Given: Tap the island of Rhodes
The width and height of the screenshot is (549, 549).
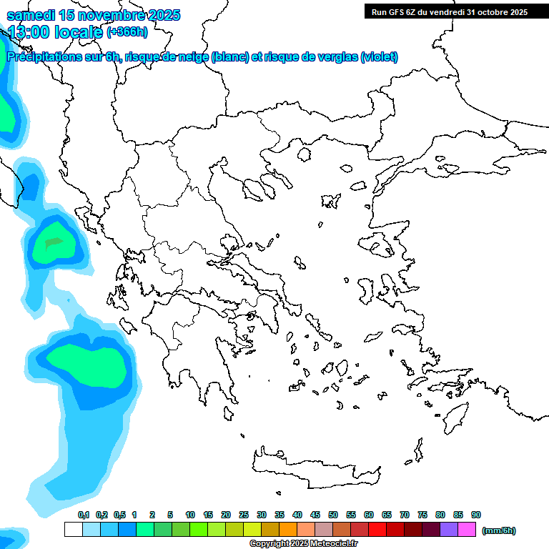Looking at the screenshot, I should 455,419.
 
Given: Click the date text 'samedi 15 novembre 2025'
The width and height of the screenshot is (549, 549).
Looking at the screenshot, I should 93,15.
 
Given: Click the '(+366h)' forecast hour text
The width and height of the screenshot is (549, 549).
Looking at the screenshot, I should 127,31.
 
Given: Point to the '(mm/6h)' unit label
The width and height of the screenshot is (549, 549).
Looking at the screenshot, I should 499,530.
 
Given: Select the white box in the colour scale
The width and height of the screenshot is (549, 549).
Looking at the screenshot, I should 73,530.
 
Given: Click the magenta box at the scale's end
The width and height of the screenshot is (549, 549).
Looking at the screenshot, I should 467,530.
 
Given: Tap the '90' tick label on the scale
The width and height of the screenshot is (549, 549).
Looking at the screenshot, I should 476,515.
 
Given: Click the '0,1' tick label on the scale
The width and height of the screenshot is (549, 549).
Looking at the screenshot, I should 83,515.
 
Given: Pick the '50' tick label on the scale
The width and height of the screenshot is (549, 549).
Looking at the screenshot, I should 333,515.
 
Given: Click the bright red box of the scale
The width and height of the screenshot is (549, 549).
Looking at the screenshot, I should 377,530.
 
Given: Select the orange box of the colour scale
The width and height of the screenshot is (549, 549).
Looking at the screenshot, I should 288,530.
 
